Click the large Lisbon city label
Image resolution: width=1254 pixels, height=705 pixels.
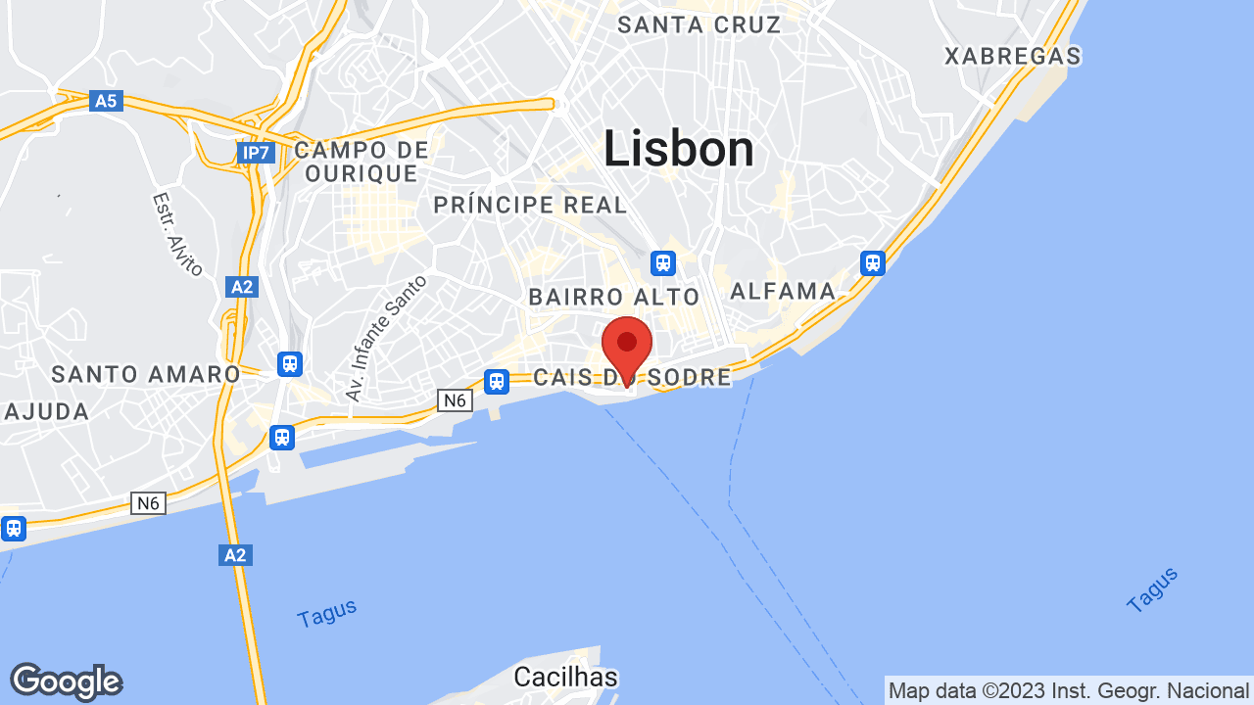(678, 150)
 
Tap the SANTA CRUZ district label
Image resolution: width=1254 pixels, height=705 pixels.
(699, 24)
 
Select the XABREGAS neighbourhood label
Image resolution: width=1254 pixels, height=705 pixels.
(1012, 56)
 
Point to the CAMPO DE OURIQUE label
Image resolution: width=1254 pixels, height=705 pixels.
(362, 162)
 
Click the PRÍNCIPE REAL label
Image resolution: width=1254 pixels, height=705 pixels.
(530, 205)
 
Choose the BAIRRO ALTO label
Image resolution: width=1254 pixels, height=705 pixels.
(614, 297)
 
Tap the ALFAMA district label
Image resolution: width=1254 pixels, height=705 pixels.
(783, 291)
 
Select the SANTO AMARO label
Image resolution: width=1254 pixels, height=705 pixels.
(146, 374)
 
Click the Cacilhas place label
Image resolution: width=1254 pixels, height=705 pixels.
(566, 677)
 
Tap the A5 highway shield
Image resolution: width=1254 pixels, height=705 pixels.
(106, 100)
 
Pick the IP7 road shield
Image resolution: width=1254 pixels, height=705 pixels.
(255, 153)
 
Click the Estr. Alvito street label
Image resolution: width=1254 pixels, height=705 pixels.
(177, 233)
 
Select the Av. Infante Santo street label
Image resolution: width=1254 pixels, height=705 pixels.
(386, 338)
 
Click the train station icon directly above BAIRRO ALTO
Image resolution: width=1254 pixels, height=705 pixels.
(663, 262)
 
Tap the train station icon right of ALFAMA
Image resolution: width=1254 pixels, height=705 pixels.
(873, 262)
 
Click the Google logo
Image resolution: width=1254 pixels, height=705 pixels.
(66, 681)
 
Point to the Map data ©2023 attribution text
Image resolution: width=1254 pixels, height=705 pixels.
(1068, 690)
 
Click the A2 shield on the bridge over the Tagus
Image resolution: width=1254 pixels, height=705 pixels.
(235, 555)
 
